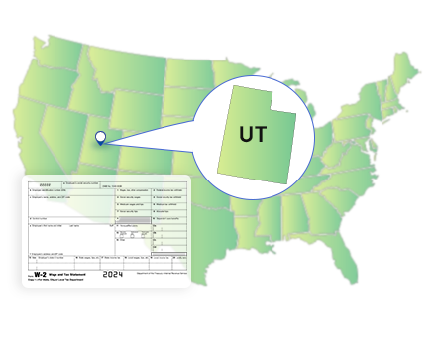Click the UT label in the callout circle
[253, 133]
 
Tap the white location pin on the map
[99, 139]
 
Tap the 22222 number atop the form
[46, 183]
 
